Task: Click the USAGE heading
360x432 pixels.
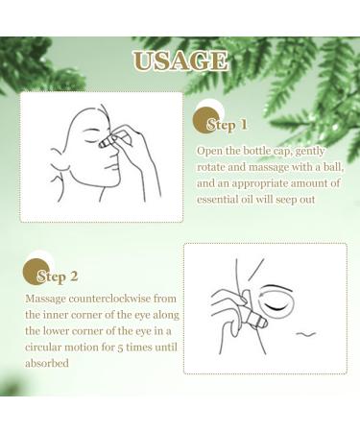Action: click(x=180, y=62)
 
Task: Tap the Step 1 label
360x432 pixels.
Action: click(x=227, y=125)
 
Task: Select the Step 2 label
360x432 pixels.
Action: click(x=57, y=276)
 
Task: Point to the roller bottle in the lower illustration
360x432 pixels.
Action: click(x=253, y=314)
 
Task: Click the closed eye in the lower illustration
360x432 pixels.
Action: click(x=289, y=297)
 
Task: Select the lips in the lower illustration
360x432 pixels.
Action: click(x=306, y=335)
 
